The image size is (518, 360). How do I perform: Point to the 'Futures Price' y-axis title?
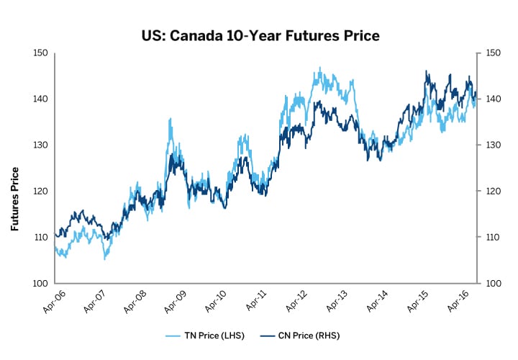click(14, 199)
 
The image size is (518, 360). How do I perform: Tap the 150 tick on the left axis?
click(40, 53)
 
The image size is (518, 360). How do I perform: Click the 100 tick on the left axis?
click(40, 283)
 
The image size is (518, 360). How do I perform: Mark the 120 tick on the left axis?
click(40, 191)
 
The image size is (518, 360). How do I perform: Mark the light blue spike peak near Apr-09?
click(170, 119)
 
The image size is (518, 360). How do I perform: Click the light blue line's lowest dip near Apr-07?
click(105, 258)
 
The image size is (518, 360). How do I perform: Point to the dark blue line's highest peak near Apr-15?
click(427, 71)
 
